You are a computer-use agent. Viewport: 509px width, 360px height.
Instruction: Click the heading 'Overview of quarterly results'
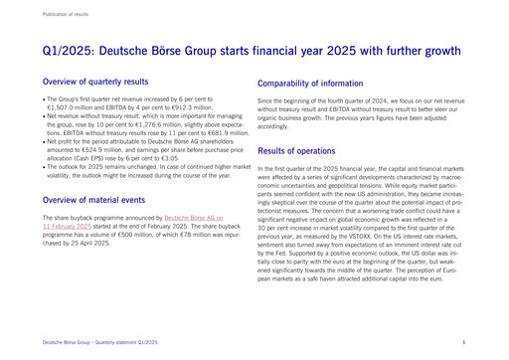[x=96, y=82]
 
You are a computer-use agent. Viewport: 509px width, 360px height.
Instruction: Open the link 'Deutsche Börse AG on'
[x=194, y=216]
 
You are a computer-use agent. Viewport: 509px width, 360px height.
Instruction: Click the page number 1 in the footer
[x=464, y=341]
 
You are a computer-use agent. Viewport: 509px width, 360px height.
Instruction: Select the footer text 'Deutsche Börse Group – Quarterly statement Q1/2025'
[x=100, y=341]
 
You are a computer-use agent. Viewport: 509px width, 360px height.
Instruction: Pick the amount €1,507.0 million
[x=67, y=107]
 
